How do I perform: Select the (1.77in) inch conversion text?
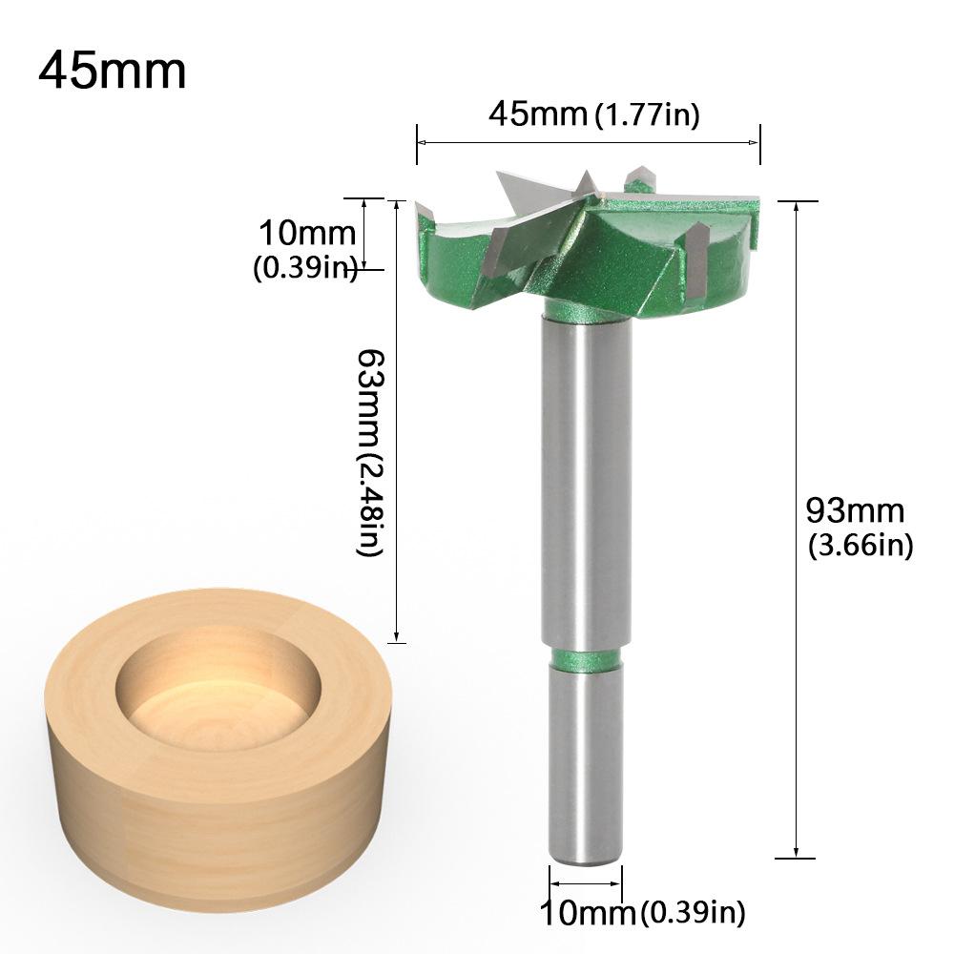[x=648, y=115]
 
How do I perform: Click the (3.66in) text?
[x=861, y=546]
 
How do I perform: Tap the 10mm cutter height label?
[x=304, y=232]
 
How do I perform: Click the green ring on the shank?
[x=583, y=655]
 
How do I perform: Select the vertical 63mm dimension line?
[x=396, y=420]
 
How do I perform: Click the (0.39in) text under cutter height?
[x=304, y=270]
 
